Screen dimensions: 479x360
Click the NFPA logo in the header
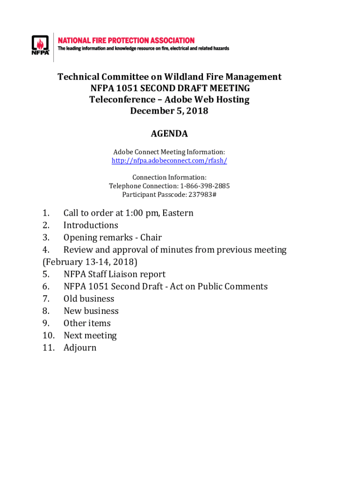coord(40,45)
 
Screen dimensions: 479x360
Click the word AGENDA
coord(169,134)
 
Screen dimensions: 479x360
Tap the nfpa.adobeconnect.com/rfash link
coord(169,160)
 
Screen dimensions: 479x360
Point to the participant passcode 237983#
coord(201,194)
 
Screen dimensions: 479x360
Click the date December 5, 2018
coord(169,111)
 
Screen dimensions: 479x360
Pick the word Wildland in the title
coord(187,77)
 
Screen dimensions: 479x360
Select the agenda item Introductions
coord(91,225)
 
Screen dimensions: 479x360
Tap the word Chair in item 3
coord(151,237)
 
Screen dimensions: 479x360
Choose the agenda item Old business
coord(89,298)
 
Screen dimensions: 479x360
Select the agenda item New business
coord(91,311)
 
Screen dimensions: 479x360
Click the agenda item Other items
coord(87,323)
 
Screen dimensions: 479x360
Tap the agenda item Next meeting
coord(90,335)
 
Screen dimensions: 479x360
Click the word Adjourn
coord(80,348)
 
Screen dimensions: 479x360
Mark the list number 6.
coord(46,286)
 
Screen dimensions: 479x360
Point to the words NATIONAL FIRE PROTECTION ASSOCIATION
coord(126,41)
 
